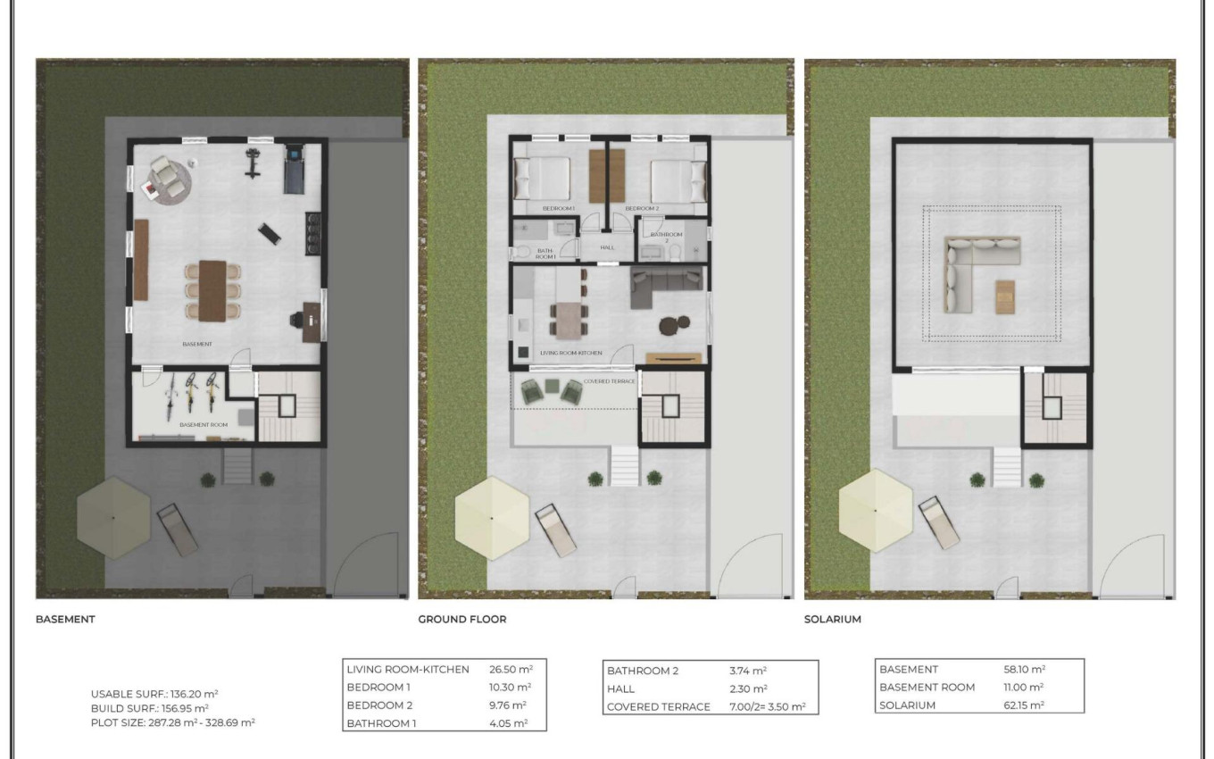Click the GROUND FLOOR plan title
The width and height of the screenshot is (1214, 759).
[x=461, y=619]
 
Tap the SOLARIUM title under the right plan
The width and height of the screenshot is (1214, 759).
[x=832, y=619]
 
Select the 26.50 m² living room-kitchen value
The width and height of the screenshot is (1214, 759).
[x=510, y=670]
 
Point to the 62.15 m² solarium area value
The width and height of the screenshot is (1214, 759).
[x=1024, y=705]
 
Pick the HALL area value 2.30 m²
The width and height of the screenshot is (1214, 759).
[x=748, y=688]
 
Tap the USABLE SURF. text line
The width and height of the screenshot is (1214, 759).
[x=154, y=693]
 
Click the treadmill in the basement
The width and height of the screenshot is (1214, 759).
[x=294, y=170]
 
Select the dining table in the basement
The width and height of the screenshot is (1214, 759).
[x=212, y=290]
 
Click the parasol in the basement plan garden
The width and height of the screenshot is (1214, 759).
[x=113, y=517]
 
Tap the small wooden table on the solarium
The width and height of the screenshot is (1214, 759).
[x=1005, y=296]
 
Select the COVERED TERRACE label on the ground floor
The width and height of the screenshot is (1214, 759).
[x=609, y=381]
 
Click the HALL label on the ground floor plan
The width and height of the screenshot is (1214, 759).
[x=607, y=247]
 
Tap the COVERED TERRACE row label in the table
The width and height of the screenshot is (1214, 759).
[x=658, y=706]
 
